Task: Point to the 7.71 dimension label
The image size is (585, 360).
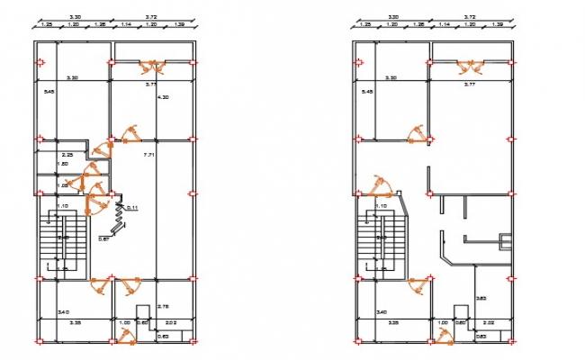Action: click(150, 156)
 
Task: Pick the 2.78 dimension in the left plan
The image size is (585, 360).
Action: click(162, 308)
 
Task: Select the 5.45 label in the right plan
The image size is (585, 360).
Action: click(366, 92)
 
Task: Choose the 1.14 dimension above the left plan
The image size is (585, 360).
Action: click(127, 25)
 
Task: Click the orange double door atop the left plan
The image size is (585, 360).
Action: click(152, 66)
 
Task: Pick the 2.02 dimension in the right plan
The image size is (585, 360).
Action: click(489, 322)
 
